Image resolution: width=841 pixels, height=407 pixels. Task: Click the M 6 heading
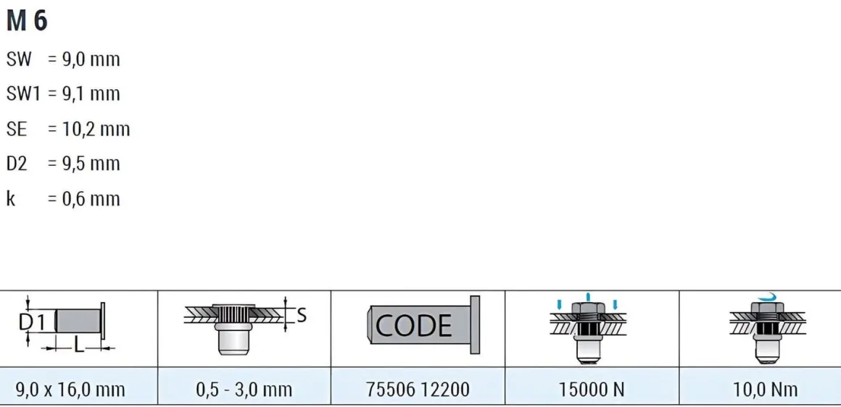[27, 21]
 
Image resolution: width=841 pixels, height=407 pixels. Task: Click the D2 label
[16, 164]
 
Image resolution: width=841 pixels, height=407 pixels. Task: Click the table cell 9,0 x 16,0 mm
[70, 390]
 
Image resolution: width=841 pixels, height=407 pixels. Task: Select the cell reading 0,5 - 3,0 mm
[244, 390]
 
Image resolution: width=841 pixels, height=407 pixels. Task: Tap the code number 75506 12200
[418, 390]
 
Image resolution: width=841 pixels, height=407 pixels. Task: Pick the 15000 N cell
[592, 390]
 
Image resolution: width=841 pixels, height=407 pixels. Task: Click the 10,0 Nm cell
[766, 390]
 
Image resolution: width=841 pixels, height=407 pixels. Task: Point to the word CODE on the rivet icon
[413, 326]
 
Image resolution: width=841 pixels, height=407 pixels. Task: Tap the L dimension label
[79, 347]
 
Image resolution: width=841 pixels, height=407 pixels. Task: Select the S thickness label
[302, 315]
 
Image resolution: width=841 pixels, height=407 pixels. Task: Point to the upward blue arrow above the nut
[589, 297]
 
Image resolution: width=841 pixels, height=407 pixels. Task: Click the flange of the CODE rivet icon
[475, 324]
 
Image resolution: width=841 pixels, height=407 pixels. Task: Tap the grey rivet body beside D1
[78, 321]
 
